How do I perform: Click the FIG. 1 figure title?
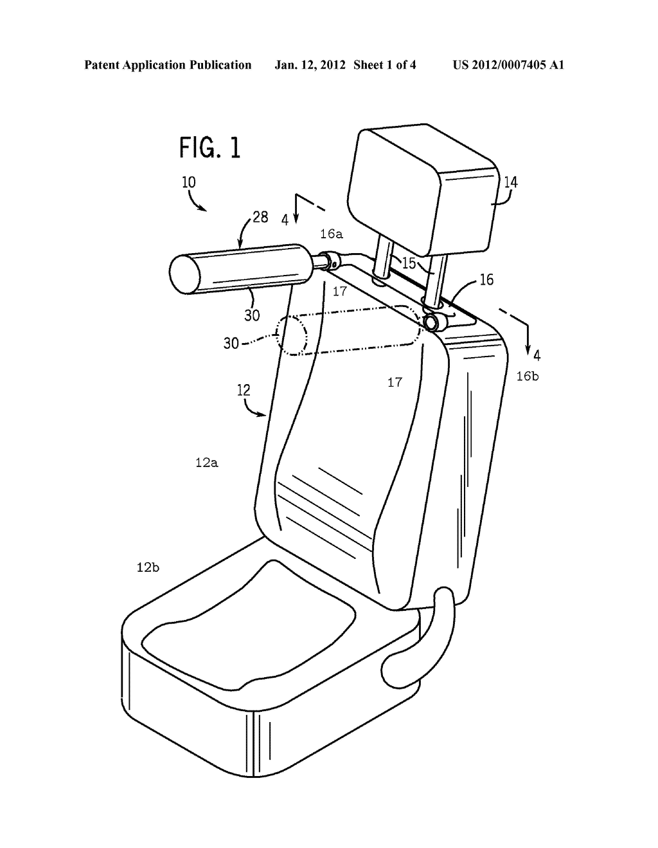[209, 148]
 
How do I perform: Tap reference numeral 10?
[189, 182]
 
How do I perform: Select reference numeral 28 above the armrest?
[260, 217]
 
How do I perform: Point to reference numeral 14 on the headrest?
[510, 182]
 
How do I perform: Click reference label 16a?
[332, 234]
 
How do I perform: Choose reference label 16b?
[528, 376]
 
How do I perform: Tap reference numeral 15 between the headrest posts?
[409, 263]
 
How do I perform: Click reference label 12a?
[206, 463]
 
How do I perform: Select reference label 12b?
[148, 567]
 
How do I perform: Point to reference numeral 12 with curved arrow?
[244, 390]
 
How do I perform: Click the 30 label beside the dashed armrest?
[231, 343]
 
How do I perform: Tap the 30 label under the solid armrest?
[252, 315]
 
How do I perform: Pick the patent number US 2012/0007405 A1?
[508, 65]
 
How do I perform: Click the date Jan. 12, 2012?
[310, 65]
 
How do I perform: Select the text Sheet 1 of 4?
[384, 65]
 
